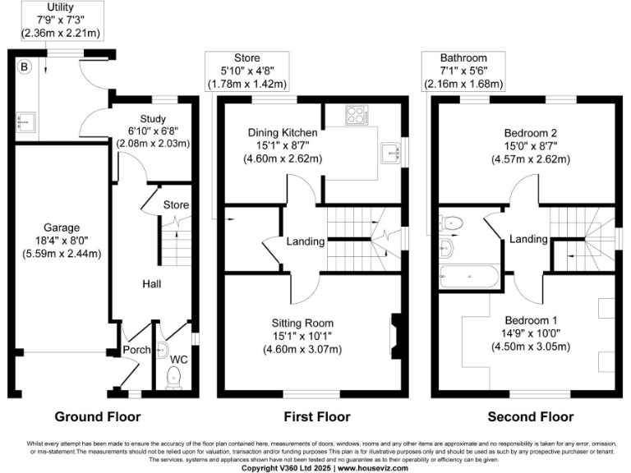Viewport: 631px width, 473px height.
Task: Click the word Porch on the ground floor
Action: coord(136,350)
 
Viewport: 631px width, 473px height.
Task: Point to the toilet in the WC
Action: coord(173,376)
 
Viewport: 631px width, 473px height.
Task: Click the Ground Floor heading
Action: coord(97,416)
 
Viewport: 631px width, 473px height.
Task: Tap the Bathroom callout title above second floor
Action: coord(463,58)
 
